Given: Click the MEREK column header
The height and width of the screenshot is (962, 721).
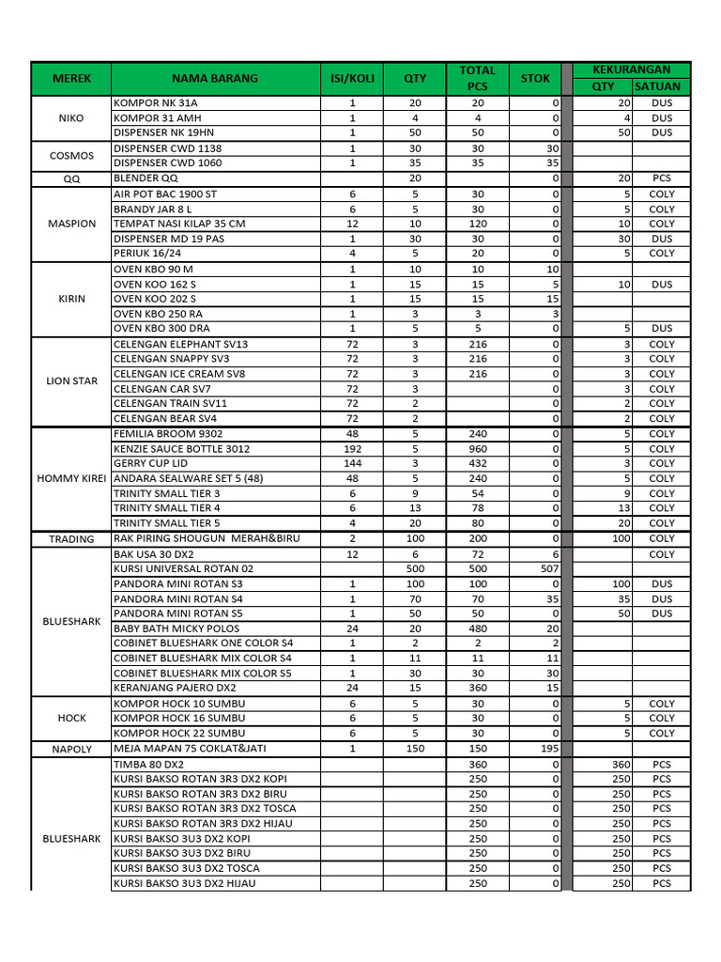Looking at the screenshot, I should click(x=71, y=79).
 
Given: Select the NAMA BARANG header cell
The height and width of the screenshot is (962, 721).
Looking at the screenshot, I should click(x=214, y=79).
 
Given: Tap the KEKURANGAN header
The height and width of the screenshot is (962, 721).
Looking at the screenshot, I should click(x=632, y=70).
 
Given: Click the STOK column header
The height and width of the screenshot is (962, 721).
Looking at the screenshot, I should click(x=535, y=79).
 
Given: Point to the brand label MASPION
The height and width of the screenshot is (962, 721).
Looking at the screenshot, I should click(x=71, y=224).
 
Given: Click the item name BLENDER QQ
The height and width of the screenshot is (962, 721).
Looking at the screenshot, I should click(x=146, y=178).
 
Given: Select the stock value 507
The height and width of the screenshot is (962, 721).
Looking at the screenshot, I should click(x=549, y=569).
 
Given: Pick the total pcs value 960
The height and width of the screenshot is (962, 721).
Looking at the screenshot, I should click(x=477, y=449).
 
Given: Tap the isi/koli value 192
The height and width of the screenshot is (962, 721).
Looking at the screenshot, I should click(x=353, y=449).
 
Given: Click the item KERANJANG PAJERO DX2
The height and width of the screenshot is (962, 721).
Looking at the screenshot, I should click(x=175, y=688).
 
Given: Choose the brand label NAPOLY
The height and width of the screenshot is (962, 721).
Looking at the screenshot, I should click(x=71, y=749).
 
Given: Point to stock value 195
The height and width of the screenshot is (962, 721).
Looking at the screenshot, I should click(x=549, y=749).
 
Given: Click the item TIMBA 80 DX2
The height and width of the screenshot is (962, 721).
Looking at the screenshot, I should click(x=149, y=765).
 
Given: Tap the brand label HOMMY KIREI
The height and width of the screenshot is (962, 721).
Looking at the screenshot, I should click(x=71, y=478).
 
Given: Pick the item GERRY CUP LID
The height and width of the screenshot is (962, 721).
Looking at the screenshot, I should click(x=151, y=463).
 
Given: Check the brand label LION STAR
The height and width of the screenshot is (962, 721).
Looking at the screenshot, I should click(x=71, y=381).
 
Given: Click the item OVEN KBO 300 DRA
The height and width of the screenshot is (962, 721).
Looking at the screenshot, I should click(x=161, y=329).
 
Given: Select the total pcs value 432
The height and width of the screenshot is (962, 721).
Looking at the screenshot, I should click(x=477, y=463).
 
